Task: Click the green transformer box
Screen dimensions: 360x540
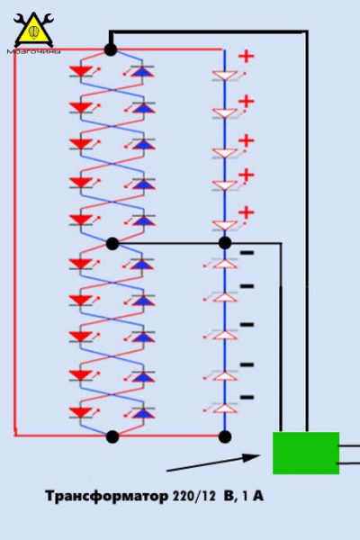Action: [306, 453]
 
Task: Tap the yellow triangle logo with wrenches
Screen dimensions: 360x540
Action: [33, 30]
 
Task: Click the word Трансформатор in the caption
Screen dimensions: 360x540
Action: [107, 496]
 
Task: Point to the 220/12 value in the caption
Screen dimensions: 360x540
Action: [194, 496]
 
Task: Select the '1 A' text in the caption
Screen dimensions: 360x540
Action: [253, 496]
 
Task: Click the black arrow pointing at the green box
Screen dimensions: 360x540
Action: [213, 463]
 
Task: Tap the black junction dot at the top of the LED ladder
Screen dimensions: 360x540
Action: [111, 49]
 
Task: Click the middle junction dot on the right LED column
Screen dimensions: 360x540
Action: [225, 243]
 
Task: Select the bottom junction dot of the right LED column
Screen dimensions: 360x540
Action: [225, 436]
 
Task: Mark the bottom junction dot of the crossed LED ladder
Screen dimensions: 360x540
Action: [112, 436]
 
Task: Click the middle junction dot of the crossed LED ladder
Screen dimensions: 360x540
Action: [112, 244]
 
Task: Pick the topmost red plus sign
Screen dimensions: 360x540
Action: [247, 56]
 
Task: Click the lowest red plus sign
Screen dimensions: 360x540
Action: [247, 212]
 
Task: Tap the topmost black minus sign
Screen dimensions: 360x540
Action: [247, 253]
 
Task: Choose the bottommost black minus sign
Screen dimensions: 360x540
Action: [247, 398]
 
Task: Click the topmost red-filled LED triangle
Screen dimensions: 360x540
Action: [81, 70]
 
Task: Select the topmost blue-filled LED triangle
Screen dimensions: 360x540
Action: [143, 71]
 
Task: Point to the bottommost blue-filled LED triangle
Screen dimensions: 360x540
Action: [143, 412]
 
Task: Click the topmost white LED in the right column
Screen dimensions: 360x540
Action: [225, 76]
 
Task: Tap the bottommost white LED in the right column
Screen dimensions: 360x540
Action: [225, 408]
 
